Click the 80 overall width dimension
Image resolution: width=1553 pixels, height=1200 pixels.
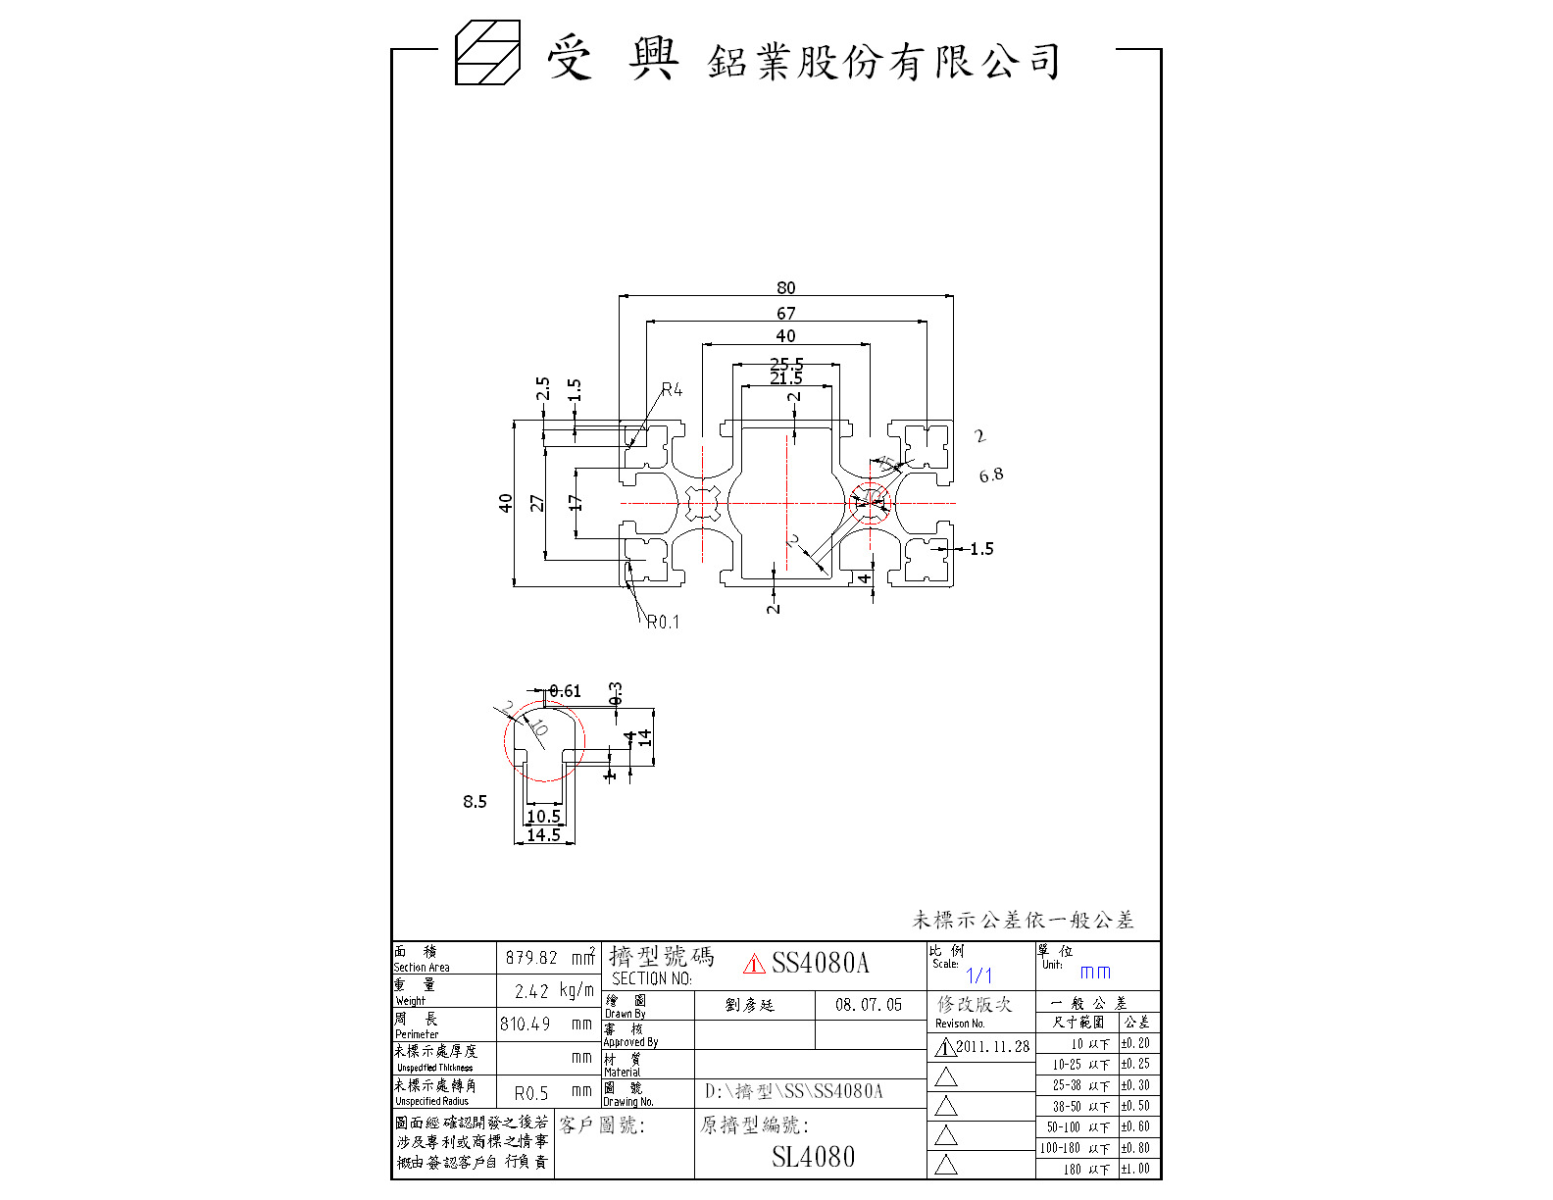point(785,287)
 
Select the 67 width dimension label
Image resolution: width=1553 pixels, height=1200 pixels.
point(785,313)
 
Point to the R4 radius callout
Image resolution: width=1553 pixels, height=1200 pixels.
point(672,389)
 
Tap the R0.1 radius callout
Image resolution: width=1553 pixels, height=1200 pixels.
point(663,622)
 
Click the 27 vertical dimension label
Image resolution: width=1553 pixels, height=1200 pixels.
point(537,503)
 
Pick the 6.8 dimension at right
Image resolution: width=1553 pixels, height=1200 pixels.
point(991,475)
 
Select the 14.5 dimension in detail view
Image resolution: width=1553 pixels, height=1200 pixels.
point(543,835)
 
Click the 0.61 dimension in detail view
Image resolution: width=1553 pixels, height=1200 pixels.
point(565,691)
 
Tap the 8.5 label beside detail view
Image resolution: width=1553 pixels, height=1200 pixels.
point(475,802)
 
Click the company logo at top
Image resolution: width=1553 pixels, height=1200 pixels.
point(487,53)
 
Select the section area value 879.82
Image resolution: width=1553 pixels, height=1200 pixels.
point(531,958)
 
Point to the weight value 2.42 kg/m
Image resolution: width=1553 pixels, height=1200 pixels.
point(554,991)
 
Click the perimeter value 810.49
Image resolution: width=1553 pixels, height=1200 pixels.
point(526,1025)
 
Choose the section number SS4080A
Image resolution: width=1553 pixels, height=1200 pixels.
point(820,963)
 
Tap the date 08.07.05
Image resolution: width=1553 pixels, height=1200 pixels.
point(869,1005)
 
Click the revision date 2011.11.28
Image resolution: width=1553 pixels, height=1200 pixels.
point(992,1047)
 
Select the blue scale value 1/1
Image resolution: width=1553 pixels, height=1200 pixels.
point(978,975)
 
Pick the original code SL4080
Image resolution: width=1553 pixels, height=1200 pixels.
point(813,1157)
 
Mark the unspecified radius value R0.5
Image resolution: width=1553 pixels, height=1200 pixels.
point(531,1093)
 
